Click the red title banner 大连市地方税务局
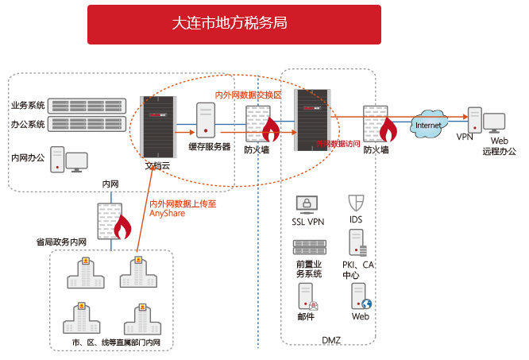(x=234, y=24)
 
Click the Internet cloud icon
(x=429, y=125)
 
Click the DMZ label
(x=331, y=339)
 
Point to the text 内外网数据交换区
(x=249, y=95)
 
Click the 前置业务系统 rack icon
(x=308, y=248)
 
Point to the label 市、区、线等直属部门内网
(x=116, y=342)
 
